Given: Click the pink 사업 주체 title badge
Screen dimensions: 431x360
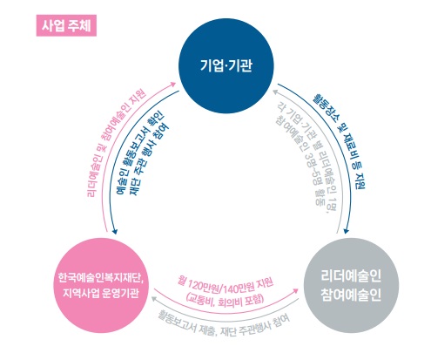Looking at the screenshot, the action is coord(66,25).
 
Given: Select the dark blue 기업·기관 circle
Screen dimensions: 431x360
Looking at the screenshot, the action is coord(226,65).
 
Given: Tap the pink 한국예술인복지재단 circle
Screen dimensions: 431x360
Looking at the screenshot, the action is coord(100,285).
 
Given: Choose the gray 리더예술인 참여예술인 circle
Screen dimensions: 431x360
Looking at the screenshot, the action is coord(351,285).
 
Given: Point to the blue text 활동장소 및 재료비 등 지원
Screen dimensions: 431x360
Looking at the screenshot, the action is coord(340,140).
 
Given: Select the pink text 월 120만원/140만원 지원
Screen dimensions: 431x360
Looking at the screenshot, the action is coord(226,285).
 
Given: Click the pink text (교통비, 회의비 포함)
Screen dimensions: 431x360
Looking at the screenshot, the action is coord(226,299).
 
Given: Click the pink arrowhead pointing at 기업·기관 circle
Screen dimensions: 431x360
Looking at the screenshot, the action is coord(173,84).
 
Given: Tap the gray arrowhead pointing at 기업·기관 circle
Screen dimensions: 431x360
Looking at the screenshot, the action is coord(276,92).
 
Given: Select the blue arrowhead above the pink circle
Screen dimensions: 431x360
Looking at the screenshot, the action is coord(114,231).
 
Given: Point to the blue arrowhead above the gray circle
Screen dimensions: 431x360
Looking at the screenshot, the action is coord(346,231).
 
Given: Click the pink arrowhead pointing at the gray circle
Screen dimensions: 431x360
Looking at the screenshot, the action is coord(296,290).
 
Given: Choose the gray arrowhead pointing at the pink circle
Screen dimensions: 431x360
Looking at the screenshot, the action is coord(154,298).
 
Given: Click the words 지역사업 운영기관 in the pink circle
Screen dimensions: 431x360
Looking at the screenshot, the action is coord(101,293).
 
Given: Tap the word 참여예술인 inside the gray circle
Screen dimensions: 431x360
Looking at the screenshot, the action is coord(351,295).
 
